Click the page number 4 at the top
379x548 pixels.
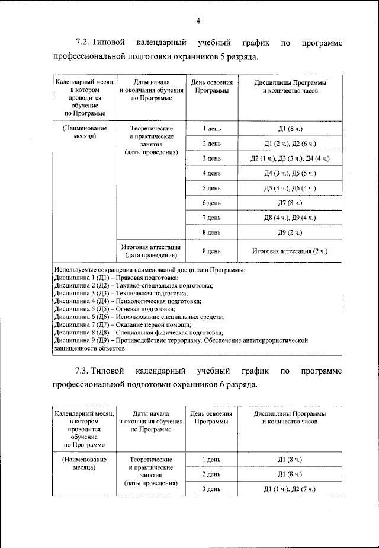pos(198,22)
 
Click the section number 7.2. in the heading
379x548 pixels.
pos(83,43)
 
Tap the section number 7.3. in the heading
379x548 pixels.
pos(83,371)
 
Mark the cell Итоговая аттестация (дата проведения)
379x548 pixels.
pos(151,251)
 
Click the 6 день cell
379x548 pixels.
pos(211,203)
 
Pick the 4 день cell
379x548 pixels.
pos(211,173)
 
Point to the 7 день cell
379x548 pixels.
pos(211,218)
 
